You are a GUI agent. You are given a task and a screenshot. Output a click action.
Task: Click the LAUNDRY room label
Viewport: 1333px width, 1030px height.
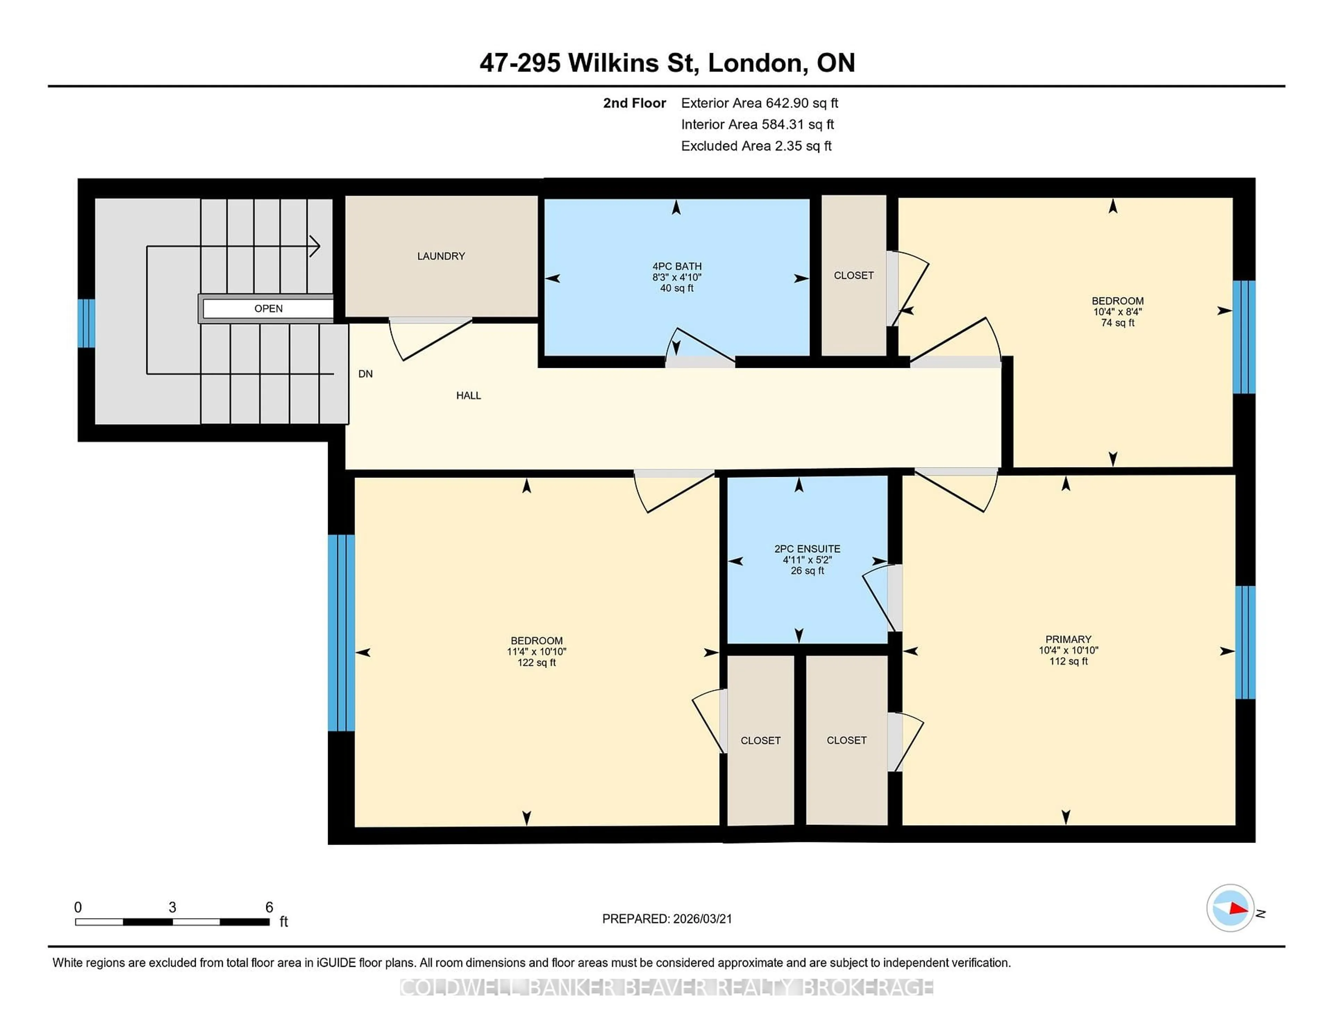coord(441,256)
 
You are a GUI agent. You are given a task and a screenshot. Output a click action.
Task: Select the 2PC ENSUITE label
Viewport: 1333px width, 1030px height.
coord(807,549)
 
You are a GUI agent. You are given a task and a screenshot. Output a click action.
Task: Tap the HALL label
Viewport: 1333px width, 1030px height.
coord(468,395)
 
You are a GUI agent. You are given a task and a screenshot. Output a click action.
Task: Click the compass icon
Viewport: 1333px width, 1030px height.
coord(1230,908)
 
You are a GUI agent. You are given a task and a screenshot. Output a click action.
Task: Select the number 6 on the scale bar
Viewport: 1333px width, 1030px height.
coord(269,907)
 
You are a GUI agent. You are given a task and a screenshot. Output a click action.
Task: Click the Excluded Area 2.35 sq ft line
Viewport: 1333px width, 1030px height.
coord(756,146)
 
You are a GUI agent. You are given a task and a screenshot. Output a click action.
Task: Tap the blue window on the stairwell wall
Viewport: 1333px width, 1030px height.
coord(86,323)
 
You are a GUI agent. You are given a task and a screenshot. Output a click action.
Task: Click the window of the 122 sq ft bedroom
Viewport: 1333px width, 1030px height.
coord(341,633)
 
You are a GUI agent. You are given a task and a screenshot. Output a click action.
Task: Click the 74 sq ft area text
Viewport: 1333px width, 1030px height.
coord(1117,323)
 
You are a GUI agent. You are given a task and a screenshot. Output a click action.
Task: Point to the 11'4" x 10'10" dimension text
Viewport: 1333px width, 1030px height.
coord(536,652)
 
